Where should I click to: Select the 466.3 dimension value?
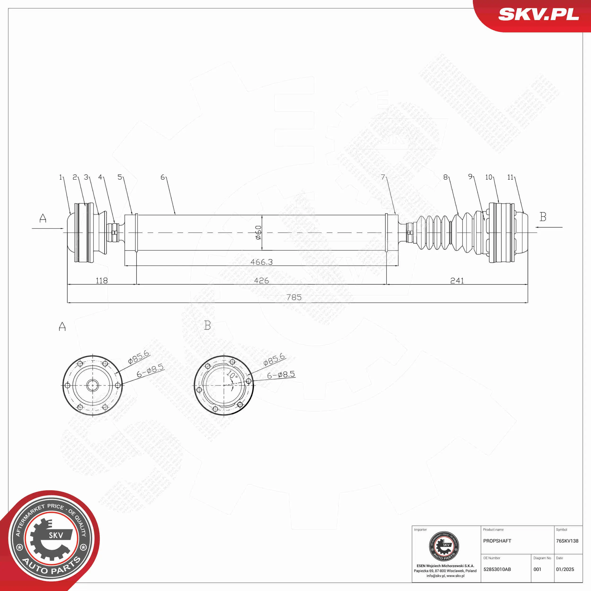tap(261, 262)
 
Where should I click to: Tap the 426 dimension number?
tap(261, 281)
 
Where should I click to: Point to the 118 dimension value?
tap(102, 281)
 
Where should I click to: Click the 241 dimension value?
tap(457, 281)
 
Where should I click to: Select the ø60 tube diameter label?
tap(258, 232)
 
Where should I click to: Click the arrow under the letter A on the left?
tap(48, 228)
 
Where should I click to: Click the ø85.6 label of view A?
tap(139, 357)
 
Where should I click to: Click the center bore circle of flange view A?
tap(92, 385)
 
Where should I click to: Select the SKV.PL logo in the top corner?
tap(538, 14)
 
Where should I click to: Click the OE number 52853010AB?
tap(497, 569)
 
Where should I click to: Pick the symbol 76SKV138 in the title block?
tap(567, 541)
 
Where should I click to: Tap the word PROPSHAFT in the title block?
tap(497, 541)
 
